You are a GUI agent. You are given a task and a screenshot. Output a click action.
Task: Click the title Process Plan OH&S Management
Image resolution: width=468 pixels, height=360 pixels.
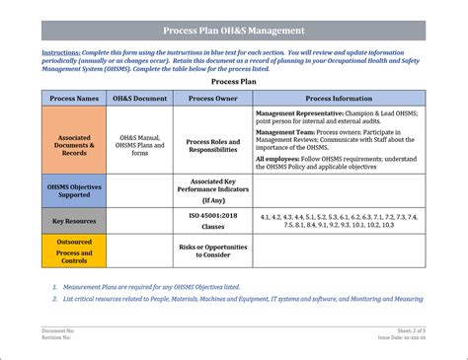click(233, 31)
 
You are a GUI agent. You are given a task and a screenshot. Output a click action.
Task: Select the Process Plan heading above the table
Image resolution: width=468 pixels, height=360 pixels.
click(233, 84)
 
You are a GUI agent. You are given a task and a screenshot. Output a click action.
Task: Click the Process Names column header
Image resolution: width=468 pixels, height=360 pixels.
click(74, 99)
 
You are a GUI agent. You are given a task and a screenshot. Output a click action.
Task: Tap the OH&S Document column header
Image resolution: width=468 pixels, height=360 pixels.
click(139, 99)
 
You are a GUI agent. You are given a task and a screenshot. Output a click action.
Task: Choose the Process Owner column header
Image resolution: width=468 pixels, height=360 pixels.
click(213, 99)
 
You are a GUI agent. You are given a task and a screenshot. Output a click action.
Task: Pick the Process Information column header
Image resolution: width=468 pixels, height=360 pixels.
click(339, 99)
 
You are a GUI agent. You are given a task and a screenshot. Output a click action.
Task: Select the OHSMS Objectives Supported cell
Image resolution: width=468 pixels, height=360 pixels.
click(74, 189)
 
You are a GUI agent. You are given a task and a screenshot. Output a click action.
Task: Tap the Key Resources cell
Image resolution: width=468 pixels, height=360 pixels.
click(74, 221)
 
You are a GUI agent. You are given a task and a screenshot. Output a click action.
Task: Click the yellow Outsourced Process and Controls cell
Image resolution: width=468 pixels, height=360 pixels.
click(74, 252)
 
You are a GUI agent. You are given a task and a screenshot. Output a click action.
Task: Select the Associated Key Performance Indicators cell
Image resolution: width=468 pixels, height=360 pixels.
click(213, 189)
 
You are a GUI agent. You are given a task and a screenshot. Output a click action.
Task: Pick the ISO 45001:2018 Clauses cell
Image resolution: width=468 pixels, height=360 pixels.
click(213, 221)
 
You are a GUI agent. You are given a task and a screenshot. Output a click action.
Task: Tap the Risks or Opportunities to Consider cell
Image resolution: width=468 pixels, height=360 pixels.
click(213, 251)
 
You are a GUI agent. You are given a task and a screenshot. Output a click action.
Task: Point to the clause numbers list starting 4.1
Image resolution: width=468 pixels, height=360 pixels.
click(339, 220)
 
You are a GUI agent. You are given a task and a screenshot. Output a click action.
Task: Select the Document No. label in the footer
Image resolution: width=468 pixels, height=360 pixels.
click(58, 330)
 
